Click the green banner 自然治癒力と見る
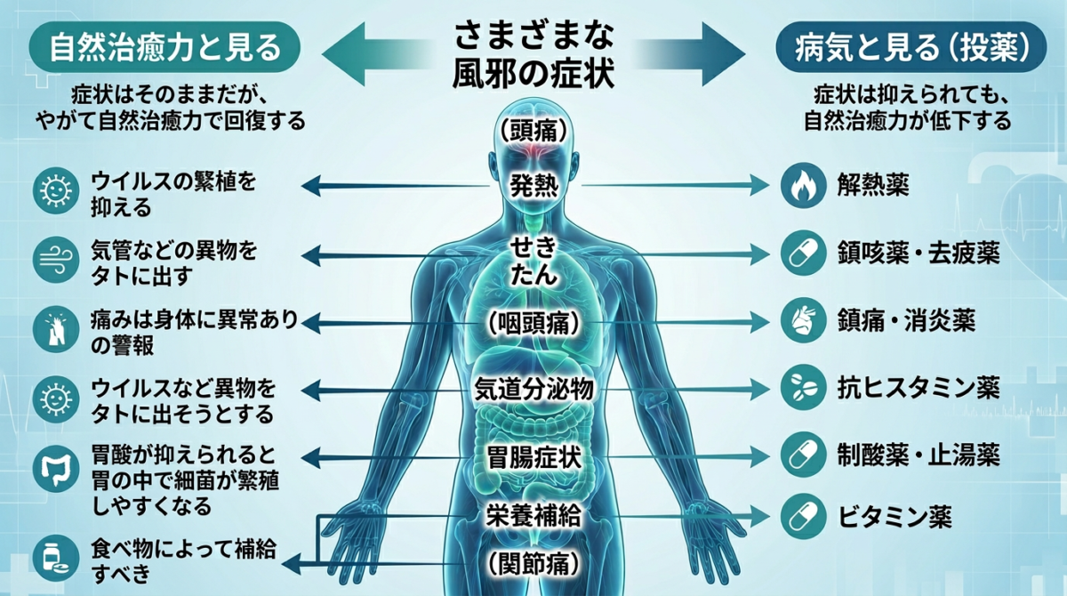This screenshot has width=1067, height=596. (x=164, y=47)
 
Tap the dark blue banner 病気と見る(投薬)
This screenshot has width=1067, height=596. (x=911, y=47)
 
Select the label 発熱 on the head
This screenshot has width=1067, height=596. (x=534, y=185)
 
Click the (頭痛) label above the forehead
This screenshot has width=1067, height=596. (x=533, y=130)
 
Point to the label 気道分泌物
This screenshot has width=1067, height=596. (x=534, y=390)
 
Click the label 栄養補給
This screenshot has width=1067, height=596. (x=534, y=515)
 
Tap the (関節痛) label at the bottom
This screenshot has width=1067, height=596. (x=534, y=564)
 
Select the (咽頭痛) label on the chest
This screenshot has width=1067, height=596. (x=534, y=323)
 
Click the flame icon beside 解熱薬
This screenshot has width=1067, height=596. (x=803, y=185)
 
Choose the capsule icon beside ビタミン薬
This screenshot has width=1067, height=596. (x=803, y=517)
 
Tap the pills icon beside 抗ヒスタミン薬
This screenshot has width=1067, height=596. (x=803, y=387)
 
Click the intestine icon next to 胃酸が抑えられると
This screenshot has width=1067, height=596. (x=56, y=470)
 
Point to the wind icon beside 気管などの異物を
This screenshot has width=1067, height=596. (x=56, y=260)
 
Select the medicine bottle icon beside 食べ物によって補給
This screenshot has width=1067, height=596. (x=56, y=558)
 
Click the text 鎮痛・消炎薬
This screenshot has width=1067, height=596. (x=906, y=320)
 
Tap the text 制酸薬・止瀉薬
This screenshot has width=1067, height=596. (x=919, y=455)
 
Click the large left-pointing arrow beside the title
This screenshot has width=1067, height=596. (x=376, y=54)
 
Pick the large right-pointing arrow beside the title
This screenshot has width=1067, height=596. (x=691, y=54)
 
